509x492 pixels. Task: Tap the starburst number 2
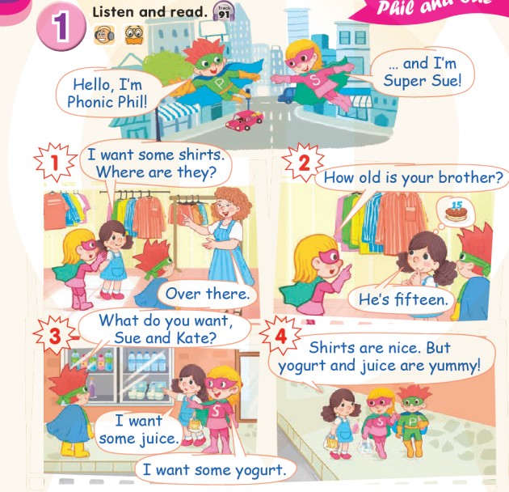pos(304,163)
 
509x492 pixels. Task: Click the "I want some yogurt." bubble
pos(215,469)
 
